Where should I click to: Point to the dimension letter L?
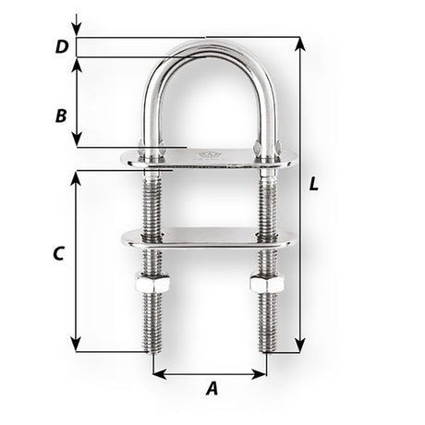coord(315,184)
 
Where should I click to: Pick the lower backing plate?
coord(208,237)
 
